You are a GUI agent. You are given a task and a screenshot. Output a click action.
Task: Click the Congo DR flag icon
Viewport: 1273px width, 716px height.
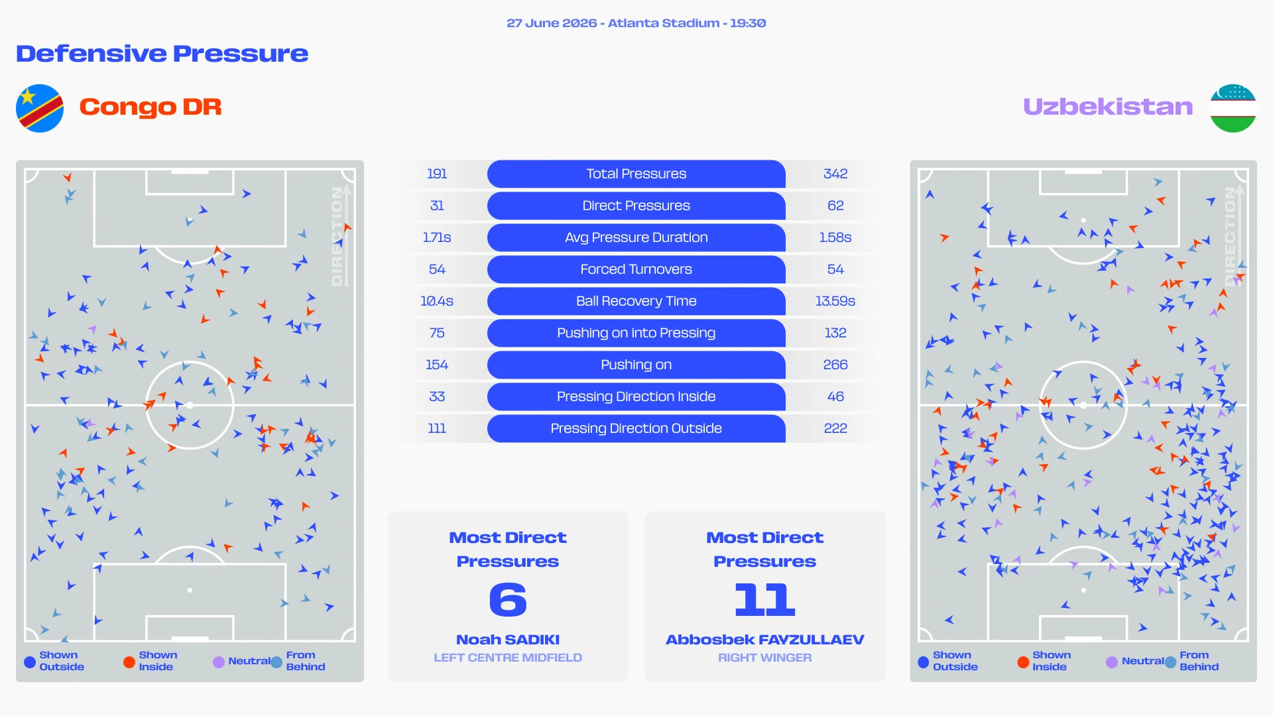[x=40, y=108]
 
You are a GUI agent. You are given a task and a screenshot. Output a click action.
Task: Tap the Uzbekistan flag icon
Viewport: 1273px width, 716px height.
[x=1233, y=108]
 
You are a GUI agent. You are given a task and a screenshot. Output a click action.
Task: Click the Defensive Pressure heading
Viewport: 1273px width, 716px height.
[x=162, y=54]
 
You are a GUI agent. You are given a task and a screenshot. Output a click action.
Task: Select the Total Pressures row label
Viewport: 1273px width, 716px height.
[x=636, y=174]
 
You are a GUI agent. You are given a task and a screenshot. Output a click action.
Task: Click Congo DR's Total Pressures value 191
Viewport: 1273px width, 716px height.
[x=437, y=174]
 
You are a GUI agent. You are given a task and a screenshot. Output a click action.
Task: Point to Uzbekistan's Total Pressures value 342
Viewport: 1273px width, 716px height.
[x=835, y=174]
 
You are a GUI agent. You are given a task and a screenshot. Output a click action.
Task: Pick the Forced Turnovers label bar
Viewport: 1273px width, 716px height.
[x=636, y=269]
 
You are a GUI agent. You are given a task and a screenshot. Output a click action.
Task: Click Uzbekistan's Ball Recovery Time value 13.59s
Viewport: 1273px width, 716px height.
[x=835, y=301]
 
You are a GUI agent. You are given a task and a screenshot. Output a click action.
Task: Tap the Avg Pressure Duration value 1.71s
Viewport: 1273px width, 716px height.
[x=437, y=237]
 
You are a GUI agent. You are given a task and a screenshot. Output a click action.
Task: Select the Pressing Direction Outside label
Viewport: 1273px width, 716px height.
[x=636, y=428]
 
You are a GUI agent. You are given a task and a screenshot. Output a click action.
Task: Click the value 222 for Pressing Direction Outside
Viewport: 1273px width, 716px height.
[x=835, y=428]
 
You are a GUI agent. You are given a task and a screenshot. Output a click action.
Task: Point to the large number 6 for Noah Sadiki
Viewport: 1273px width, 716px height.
[x=508, y=599]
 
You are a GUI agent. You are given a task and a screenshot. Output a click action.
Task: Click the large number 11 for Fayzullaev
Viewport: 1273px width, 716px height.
[x=765, y=599]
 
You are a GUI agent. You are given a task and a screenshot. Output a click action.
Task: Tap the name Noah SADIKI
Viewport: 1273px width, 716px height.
[x=508, y=640]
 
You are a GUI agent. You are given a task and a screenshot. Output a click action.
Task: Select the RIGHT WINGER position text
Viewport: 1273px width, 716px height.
[x=765, y=658]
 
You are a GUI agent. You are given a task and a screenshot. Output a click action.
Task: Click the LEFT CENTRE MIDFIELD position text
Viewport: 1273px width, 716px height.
[x=508, y=658]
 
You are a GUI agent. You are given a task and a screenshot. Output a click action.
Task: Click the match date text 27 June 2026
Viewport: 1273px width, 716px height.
[x=552, y=23]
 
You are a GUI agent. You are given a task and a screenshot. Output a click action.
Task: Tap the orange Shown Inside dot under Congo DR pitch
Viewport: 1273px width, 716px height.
[x=129, y=662]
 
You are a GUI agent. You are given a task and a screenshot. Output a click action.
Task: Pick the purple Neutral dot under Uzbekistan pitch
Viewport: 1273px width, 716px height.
[x=1112, y=662]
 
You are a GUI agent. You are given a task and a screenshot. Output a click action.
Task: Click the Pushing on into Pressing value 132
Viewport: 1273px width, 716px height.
[x=835, y=333]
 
